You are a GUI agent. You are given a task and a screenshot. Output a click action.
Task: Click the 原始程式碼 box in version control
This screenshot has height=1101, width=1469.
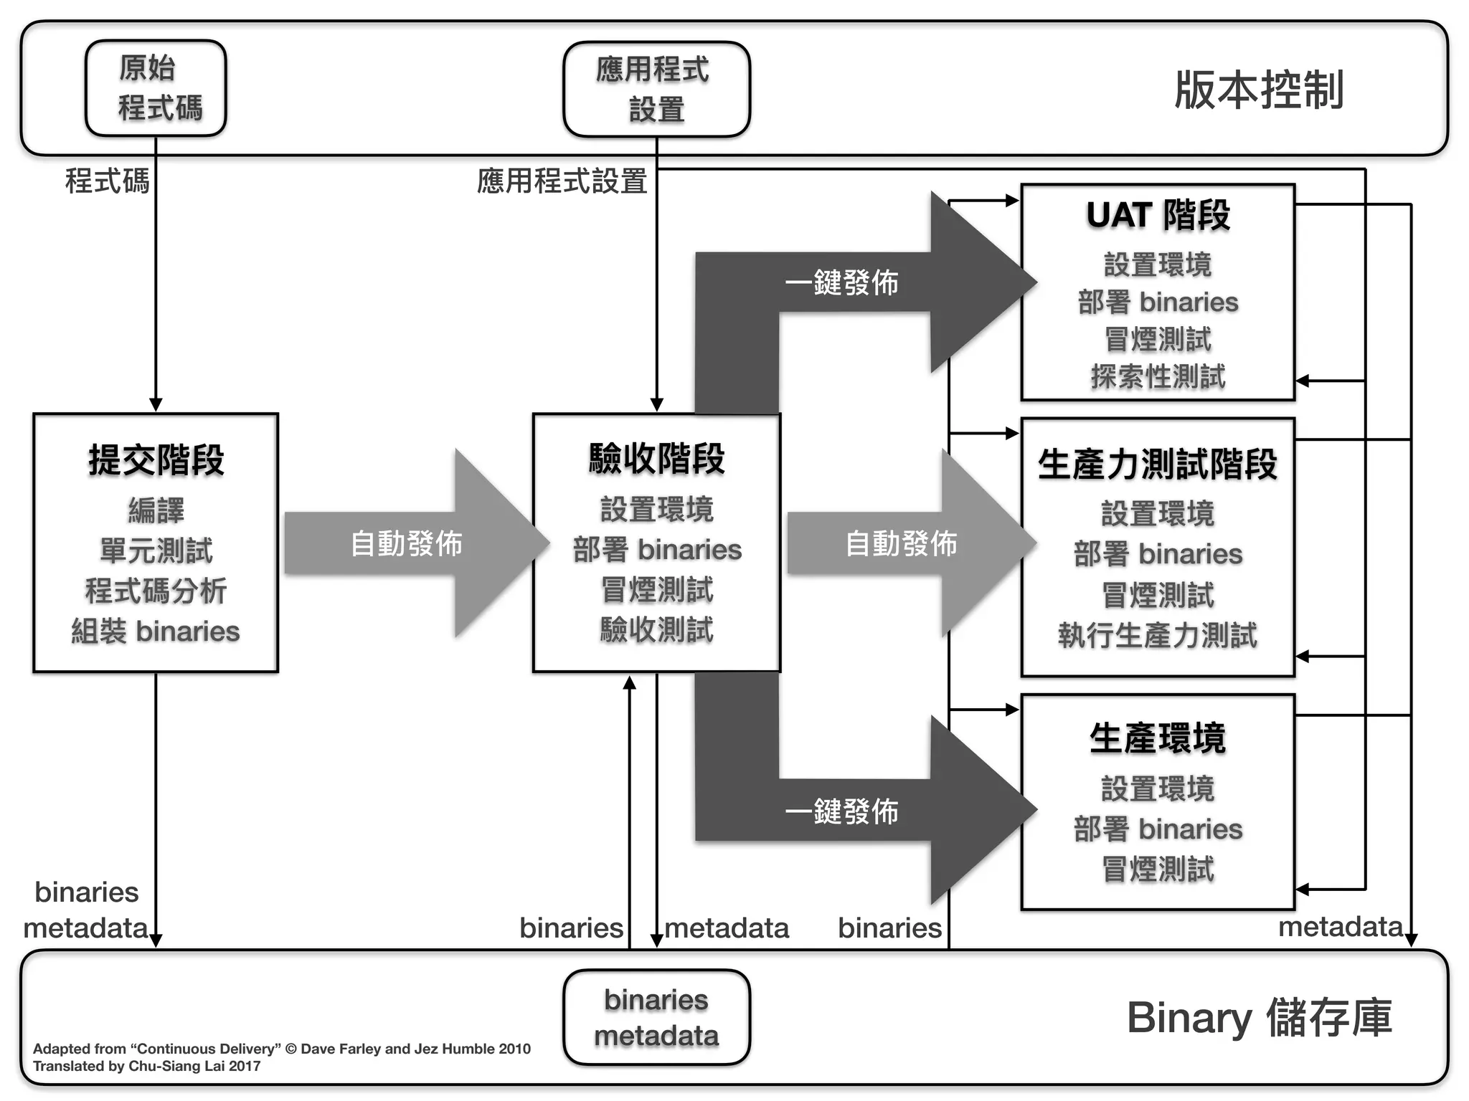tap(156, 88)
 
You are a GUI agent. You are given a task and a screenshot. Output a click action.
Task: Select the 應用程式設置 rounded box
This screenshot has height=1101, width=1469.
tap(656, 89)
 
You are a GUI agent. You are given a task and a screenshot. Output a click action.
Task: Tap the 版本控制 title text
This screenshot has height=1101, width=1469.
tap(1259, 90)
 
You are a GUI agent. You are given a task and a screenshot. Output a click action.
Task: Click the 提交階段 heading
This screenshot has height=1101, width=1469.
tap(156, 460)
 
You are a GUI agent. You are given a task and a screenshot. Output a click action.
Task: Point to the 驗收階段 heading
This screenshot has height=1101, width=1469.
tap(656, 459)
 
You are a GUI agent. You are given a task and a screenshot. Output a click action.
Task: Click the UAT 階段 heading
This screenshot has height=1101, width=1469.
tap(1158, 215)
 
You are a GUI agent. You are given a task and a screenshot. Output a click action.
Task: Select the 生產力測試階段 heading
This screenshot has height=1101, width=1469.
tap(1158, 464)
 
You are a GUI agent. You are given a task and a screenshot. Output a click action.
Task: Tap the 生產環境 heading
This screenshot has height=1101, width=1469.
tap(1158, 738)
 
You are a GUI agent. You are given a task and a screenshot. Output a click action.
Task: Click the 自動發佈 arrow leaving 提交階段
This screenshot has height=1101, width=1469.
tap(407, 543)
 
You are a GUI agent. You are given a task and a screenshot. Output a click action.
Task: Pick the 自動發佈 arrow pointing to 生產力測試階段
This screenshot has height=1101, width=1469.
tap(902, 543)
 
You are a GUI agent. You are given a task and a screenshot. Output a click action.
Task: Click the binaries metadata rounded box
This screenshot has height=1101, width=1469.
tap(656, 1017)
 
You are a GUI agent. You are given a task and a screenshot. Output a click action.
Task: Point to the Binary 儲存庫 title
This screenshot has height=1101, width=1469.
tap(1259, 1017)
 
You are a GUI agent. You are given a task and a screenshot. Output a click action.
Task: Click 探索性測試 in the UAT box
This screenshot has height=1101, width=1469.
tap(1158, 377)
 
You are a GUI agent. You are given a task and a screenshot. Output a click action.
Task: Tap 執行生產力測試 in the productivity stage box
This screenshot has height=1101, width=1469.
tap(1158, 635)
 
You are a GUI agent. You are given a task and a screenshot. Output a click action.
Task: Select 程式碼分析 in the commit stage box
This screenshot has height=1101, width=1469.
tap(156, 591)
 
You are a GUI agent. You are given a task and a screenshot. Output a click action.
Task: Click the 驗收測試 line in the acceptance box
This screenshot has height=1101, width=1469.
tap(656, 630)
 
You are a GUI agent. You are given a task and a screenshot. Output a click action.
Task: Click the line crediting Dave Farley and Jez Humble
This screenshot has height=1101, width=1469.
tap(282, 1049)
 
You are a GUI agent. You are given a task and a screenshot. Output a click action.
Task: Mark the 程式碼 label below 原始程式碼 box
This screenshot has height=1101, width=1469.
tap(107, 181)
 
